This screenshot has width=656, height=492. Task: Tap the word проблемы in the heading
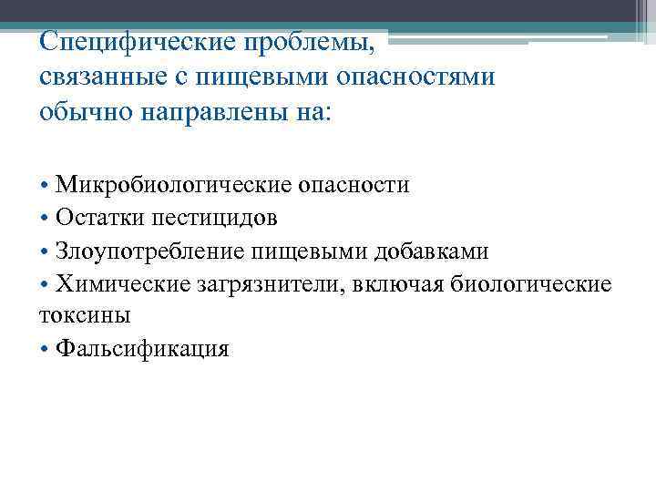tap(311, 43)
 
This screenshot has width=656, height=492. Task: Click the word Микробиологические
tap(175, 186)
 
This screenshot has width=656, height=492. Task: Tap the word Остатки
tap(94, 219)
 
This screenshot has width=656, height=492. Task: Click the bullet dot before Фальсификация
tap(45, 350)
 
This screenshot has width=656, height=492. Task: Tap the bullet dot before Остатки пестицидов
tap(45, 220)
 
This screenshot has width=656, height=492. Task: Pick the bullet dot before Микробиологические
tap(45, 187)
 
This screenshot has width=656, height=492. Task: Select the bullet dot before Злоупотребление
tap(45, 252)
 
